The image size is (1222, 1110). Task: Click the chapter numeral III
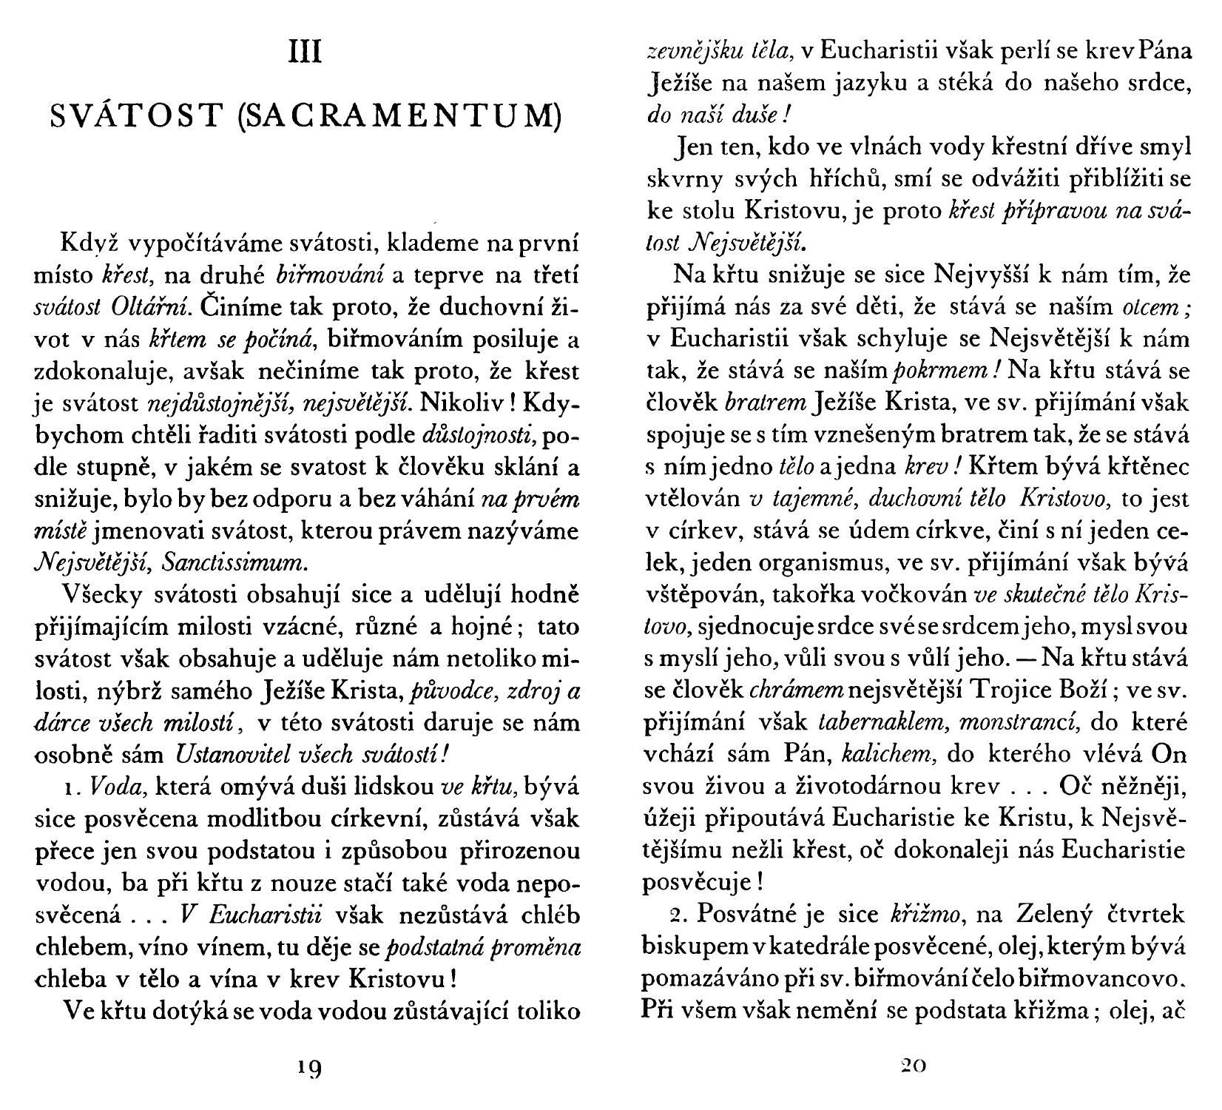point(305,54)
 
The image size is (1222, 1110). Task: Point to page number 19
point(304,1069)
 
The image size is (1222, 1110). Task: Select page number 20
point(914,1066)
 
